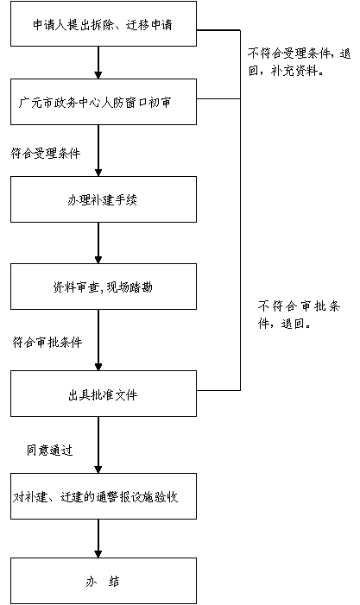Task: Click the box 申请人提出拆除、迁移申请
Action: tap(104, 23)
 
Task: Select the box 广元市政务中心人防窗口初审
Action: tap(104, 102)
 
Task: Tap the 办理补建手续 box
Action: tap(104, 199)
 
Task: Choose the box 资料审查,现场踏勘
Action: tap(104, 287)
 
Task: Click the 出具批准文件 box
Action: tap(104, 394)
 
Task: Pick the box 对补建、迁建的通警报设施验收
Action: tap(104, 496)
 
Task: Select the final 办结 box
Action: tap(104, 581)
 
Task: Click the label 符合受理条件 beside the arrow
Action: tap(46, 153)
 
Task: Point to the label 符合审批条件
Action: tap(47, 342)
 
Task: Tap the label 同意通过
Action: tap(49, 450)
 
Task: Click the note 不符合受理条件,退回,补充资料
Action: tap(299, 62)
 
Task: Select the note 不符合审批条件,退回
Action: tap(299, 315)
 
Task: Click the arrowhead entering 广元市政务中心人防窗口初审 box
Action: tap(98, 75)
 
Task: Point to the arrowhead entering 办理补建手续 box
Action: tap(98, 173)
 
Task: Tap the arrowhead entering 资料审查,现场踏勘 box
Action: tap(98, 260)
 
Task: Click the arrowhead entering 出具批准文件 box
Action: tap(98, 367)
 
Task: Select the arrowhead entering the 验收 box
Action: tap(98, 470)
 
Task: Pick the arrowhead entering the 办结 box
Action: tap(98, 554)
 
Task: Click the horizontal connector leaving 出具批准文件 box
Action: tap(218, 390)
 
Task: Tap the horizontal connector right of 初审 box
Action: tap(218, 98)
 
